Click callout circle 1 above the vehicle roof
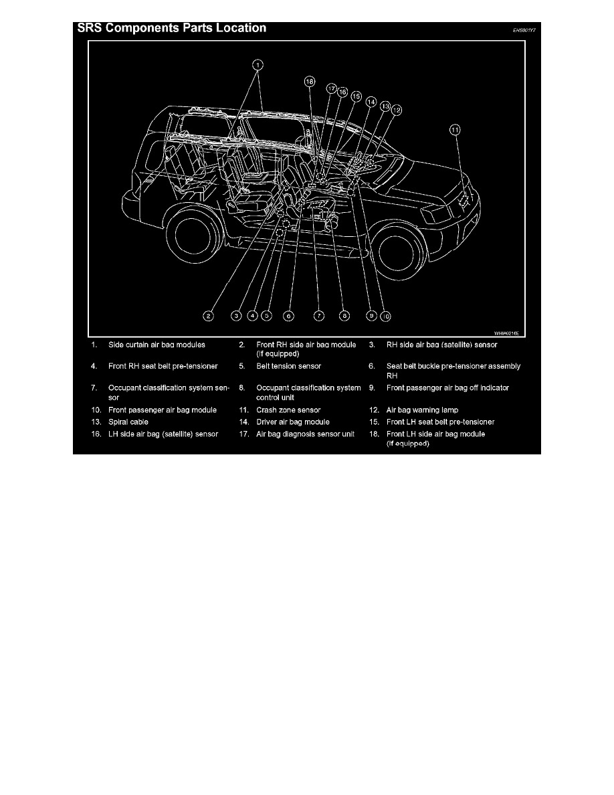(258, 65)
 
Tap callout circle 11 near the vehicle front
(455, 130)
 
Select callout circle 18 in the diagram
(309, 82)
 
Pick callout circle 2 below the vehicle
(209, 315)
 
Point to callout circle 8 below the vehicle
(344, 315)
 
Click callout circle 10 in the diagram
(386, 315)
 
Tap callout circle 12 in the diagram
(397, 110)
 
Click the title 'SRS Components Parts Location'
(173, 28)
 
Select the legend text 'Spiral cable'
(128, 422)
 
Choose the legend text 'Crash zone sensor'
(288, 410)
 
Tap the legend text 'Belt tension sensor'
(288, 367)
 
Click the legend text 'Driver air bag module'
(293, 422)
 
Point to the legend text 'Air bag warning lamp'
(423, 410)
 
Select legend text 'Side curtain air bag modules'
(157, 345)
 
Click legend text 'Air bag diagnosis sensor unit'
(305, 434)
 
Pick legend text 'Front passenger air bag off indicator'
(447, 388)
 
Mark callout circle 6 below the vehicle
(288, 315)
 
